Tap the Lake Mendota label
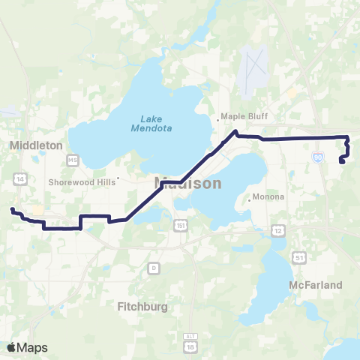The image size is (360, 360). pos(156,122)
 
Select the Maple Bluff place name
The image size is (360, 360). pos(241,116)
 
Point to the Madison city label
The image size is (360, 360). pos(188,183)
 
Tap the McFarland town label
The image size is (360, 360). pos(316,285)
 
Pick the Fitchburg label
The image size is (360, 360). pos(142,306)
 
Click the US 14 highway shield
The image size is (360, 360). pos(19,177)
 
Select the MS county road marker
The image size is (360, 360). pos(73,160)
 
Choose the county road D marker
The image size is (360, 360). pos(154,267)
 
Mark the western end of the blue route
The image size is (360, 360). pos(12,209)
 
